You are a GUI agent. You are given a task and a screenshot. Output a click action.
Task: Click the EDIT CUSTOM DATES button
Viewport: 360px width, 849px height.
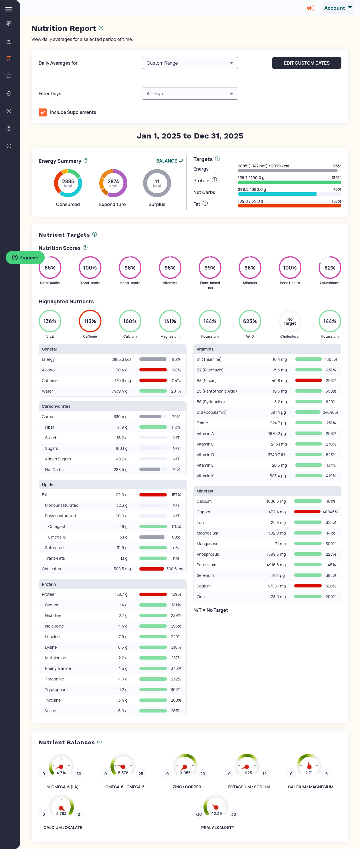pyautogui.click(x=306, y=63)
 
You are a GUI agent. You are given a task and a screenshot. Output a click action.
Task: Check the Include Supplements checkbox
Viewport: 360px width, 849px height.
pyautogui.click(x=43, y=112)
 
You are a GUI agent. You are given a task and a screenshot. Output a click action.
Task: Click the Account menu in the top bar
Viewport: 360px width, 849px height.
pyautogui.click(x=337, y=8)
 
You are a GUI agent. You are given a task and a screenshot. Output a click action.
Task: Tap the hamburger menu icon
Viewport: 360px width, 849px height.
pyautogui.click(x=9, y=9)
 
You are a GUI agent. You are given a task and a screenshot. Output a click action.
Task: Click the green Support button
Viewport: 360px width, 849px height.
pyautogui.click(x=25, y=258)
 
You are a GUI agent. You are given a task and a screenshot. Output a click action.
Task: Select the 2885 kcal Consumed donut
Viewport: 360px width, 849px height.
pyautogui.click(x=68, y=183)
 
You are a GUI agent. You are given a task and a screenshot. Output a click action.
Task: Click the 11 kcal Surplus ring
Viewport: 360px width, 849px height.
pyautogui.click(x=157, y=183)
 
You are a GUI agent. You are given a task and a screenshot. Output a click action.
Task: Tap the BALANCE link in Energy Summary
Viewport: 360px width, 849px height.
pyautogui.click(x=170, y=161)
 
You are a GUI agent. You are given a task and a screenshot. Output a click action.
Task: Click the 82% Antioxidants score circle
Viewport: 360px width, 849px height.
pyautogui.click(x=329, y=268)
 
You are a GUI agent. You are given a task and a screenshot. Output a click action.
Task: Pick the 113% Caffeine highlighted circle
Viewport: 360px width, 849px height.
pyautogui.click(x=90, y=321)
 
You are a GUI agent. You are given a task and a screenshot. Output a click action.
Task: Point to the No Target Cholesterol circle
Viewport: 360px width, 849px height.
pyautogui.click(x=290, y=321)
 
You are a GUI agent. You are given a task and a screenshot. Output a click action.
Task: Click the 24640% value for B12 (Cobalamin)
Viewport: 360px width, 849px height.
pyautogui.click(x=330, y=412)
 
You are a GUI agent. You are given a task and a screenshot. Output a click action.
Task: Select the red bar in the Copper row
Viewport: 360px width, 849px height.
pyautogui.click(x=307, y=512)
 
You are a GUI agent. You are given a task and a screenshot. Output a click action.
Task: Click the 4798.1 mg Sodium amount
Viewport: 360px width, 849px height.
pyautogui.click(x=276, y=586)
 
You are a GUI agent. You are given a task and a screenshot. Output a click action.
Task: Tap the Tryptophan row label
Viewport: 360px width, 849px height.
pyautogui.click(x=56, y=690)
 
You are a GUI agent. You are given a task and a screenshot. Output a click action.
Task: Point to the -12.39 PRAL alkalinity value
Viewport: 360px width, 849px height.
pyautogui.click(x=216, y=814)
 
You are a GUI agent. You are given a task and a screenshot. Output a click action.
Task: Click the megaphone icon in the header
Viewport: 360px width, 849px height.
pyautogui.click(x=310, y=8)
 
